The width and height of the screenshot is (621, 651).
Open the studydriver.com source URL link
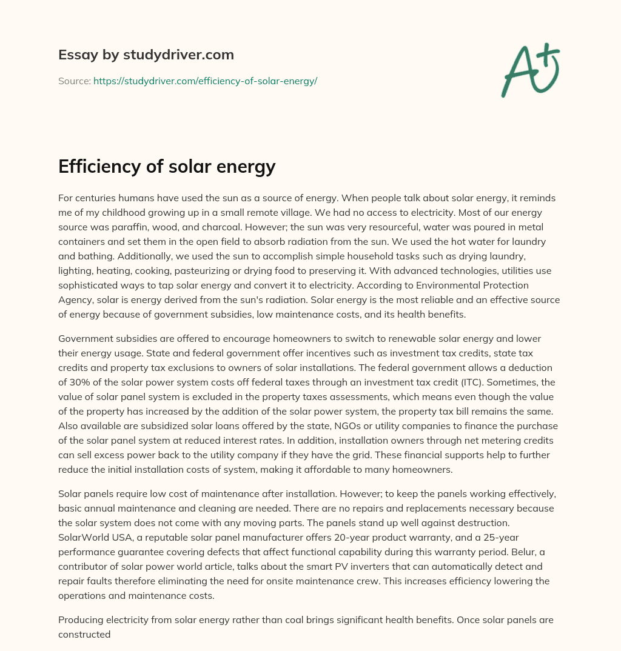click(205, 81)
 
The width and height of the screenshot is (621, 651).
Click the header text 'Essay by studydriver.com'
click(146, 55)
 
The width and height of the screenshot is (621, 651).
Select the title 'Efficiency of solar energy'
click(167, 165)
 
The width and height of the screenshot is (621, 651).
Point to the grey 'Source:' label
click(74, 81)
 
